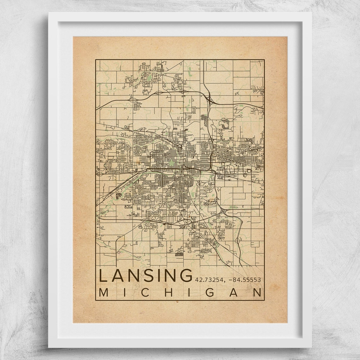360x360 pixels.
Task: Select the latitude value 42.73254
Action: pyautogui.click(x=209, y=279)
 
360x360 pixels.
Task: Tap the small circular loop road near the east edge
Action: pyautogui.click(x=249, y=171)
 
